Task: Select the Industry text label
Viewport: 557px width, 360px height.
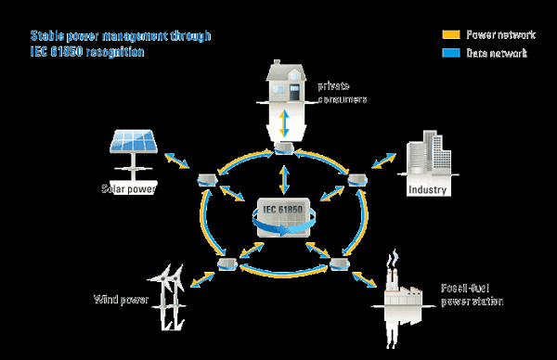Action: click(x=428, y=191)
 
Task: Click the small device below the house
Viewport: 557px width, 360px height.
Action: click(x=284, y=148)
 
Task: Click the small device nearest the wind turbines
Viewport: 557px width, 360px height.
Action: click(x=227, y=265)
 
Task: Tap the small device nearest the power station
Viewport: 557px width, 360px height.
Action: click(x=339, y=265)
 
